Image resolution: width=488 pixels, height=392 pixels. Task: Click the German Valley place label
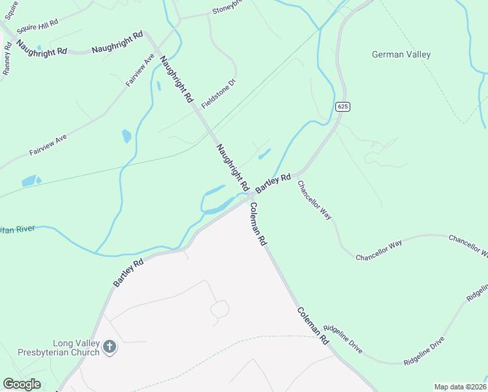tap(401, 55)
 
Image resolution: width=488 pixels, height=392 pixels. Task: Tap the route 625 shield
tap(344, 106)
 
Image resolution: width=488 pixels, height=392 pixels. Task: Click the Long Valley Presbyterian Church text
tap(76, 348)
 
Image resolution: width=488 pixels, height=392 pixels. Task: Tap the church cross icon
tap(110, 347)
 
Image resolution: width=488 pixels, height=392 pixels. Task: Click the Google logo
tap(22, 384)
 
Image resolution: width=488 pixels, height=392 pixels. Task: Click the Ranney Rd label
tap(7, 59)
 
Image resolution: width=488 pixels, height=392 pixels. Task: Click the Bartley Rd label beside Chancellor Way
tap(273, 183)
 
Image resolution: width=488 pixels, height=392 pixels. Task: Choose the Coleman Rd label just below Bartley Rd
tap(258, 224)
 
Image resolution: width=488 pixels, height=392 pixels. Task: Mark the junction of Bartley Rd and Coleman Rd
tap(251, 197)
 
